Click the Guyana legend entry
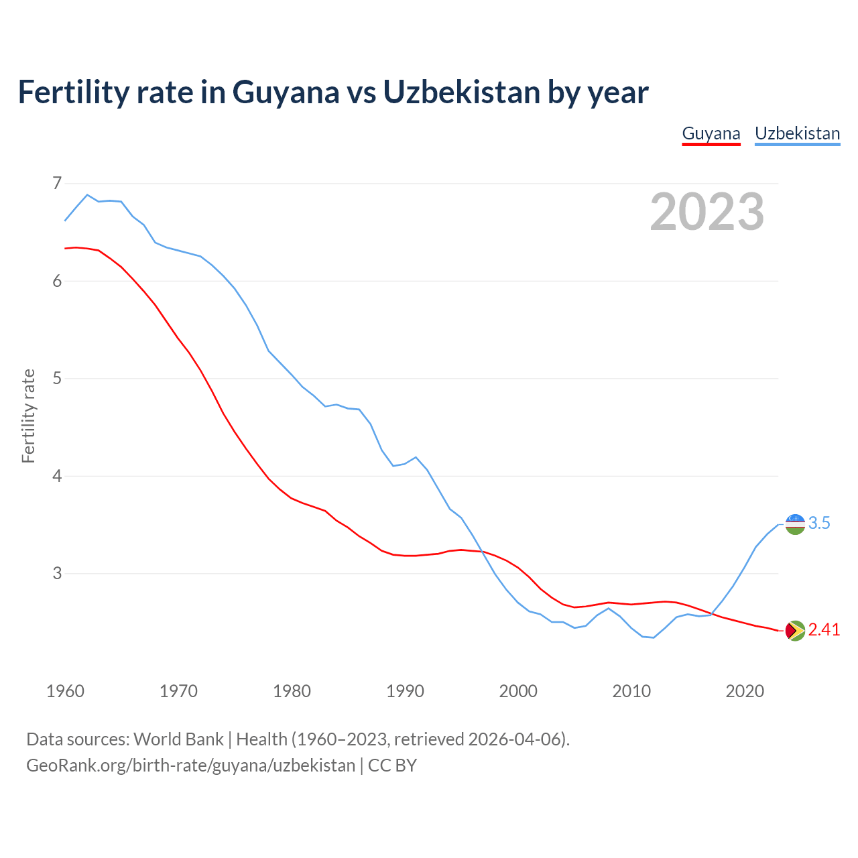tap(711, 133)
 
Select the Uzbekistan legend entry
tap(797, 133)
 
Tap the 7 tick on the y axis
tap(57, 183)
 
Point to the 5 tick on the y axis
tap(57, 379)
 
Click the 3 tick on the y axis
tap(57, 574)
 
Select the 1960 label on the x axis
tap(65, 691)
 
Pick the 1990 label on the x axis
tap(405, 691)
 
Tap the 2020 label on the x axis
tap(745, 691)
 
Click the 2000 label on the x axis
tap(518, 691)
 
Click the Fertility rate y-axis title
tap(28, 416)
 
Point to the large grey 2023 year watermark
tap(707, 212)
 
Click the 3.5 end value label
tap(819, 524)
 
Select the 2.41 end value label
tap(824, 630)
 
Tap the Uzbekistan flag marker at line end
tap(795, 524)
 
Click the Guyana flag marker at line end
tap(795, 631)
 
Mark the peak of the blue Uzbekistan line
tap(87, 195)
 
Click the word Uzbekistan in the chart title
tap(462, 92)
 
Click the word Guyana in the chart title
tap(286, 92)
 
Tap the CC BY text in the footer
tap(392, 765)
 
